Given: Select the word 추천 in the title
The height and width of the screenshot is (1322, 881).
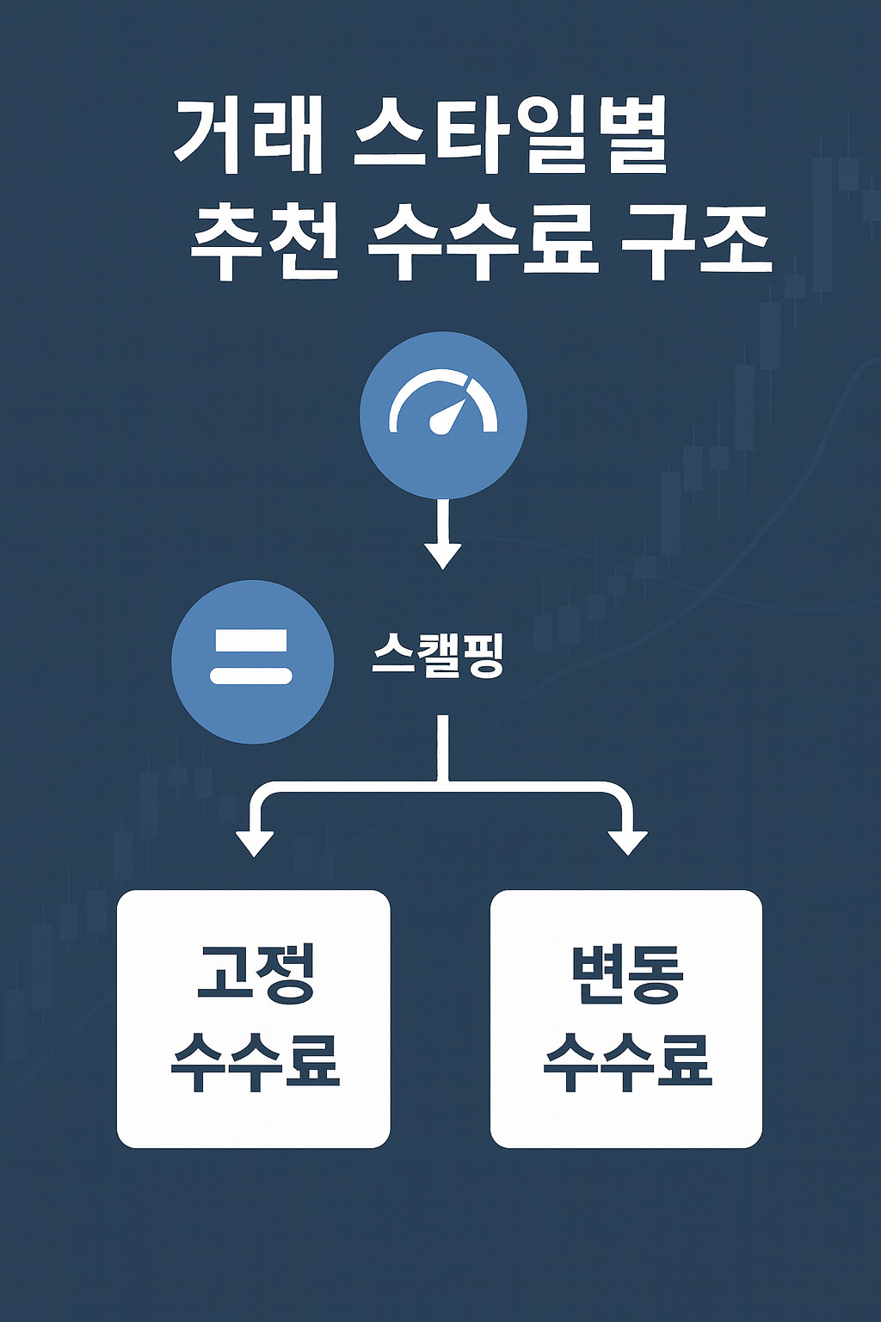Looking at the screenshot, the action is [x=264, y=242].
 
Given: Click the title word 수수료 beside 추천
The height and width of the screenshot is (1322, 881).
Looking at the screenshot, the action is [x=478, y=242].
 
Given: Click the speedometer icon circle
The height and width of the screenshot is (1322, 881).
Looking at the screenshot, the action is [x=443, y=415].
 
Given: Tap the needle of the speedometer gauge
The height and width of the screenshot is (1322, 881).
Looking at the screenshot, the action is [x=448, y=416].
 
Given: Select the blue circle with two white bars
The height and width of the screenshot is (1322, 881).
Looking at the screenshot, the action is [x=253, y=662].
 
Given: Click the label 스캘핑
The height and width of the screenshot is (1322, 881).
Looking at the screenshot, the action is [x=437, y=657].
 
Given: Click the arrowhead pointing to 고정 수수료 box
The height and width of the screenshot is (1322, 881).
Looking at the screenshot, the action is [x=255, y=843].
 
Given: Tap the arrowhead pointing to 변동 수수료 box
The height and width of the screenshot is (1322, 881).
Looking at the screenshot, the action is [x=627, y=843].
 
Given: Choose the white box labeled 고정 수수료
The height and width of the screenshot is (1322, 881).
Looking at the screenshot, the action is [x=254, y=1019].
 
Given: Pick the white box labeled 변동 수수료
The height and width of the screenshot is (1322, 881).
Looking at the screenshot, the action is [x=626, y=1019].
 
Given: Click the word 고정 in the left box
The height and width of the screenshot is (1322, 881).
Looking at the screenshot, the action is [x=255, y=973].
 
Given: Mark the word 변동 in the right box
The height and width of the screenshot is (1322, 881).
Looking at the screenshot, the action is [x=627, y=973].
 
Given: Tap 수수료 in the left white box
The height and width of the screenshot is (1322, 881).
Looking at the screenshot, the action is [x=255, y=1062].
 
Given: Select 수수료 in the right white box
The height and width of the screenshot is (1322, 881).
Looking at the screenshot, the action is [x=627, y=1062].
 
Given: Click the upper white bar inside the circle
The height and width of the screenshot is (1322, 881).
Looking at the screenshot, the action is [x=251, y=641].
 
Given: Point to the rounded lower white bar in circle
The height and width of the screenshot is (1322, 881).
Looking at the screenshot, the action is [x=251, y=676].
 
